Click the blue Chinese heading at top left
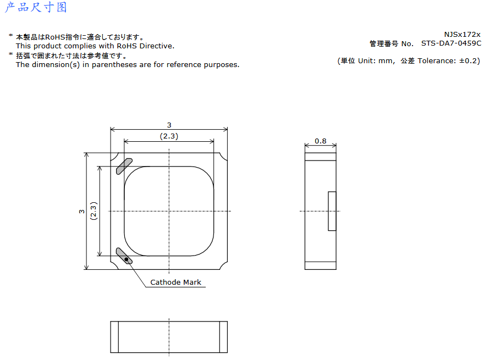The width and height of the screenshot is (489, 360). [x=36, y=7]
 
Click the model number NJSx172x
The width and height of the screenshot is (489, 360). [x=463, y=34]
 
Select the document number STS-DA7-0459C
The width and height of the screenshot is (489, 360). [x=451, y=43]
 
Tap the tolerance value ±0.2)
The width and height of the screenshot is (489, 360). [x=470, y=61]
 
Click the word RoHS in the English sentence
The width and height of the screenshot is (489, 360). [x=127, y=46]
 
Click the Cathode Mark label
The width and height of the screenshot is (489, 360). [x=175, y=282]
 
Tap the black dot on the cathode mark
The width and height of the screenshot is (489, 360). [x=127, y=259]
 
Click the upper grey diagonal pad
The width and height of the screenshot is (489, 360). [x=124, y=167]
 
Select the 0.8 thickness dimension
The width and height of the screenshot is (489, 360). [x=320, y=141]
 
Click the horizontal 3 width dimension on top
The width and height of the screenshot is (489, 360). [x=169, y=125]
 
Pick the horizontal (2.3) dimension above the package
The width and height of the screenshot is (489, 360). [x=169, y=136]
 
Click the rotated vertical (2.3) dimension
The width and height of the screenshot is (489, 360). [x=94, y=211]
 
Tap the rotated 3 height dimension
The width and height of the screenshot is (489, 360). [x=82, y=211]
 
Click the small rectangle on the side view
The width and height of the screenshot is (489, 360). [x=332, y=211]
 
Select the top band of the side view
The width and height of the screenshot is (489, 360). [x=320, y=157]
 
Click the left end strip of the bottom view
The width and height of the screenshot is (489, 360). [x=114, y=337]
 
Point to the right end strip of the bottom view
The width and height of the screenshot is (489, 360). [x=224, y=337]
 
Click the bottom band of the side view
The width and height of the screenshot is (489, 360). [x=320, y=265]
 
